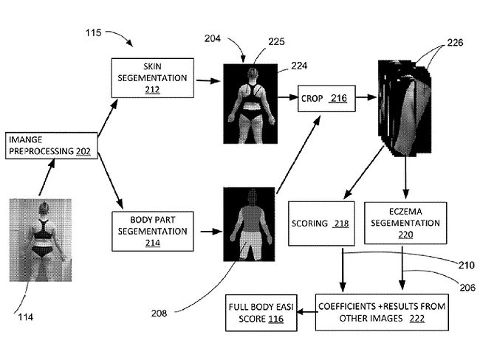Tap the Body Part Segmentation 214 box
(x=153, y=231)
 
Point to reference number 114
(x=24, y=317)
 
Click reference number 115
(x=95, y=33)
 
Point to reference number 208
(x=157, y=313)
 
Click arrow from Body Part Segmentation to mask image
(x=207, y=231)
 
